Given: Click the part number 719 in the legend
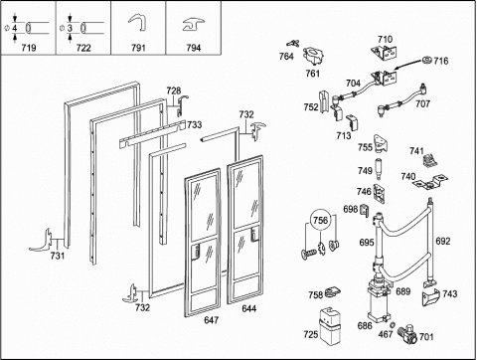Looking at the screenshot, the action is pyautogui.click(x=29, y=48).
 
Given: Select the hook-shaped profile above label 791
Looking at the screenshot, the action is pyautogui.click(x=137, y=22).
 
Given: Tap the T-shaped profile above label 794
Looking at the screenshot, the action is pyautogui.click(x=194, y=25).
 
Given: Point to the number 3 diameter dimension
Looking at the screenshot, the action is pyautogui.click(x=70, y=28).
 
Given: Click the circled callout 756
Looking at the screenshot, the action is pyautogui.click(x=320, y=220).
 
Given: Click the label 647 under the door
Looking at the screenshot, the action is pyautogui.click(x=212, y=320).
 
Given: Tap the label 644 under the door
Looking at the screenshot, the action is pyautogui.click(x=249, y=308).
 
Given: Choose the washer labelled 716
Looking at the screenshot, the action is pyautogui.click(x=427, y=60).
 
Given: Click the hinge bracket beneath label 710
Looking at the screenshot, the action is pyautogui.click(x=385, y=53).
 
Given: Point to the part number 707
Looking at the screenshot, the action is pyautogui.click(x=422, y=103).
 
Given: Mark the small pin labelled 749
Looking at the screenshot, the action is pyautogui.click(x=378, y=167).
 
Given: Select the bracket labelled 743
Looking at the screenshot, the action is pyautogui.click(x=430, y=296).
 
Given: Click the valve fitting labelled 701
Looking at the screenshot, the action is pyautogui.click(x=406, y=335).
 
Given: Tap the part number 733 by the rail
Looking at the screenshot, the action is pyautogui.click(x=195, y=124).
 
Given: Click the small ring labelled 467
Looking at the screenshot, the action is pyautogui.click(x=394, y=324).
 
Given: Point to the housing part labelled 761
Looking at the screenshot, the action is pyautogui.click(x=313, y=55).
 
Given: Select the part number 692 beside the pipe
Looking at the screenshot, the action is pyautogui.click(x=443, y=241).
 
